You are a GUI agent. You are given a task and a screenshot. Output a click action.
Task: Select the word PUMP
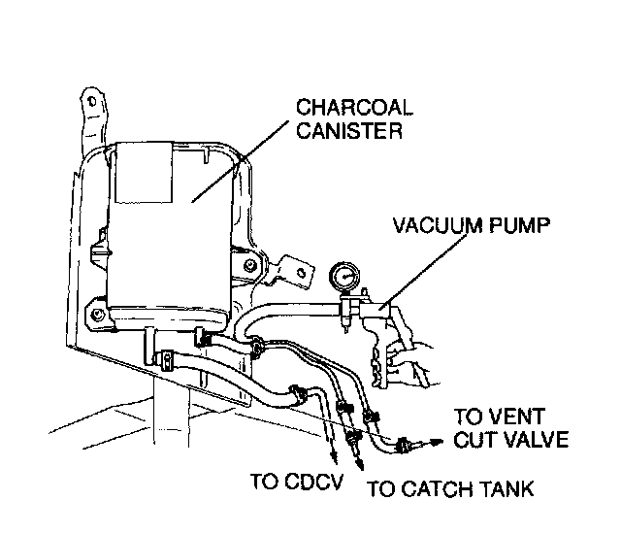[521, 226]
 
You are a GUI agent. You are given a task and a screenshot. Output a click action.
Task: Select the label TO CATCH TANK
[451, 489]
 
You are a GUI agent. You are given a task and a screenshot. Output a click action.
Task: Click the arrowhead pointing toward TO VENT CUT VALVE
[419, 445]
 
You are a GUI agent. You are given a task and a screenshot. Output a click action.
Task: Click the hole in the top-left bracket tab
[89, 100]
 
